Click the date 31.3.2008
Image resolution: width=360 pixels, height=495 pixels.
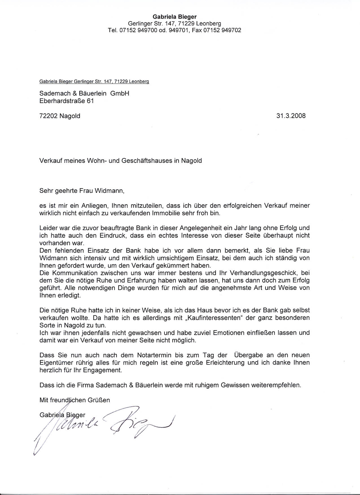[291, 115]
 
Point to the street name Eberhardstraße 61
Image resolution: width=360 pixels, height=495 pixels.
[66, 101]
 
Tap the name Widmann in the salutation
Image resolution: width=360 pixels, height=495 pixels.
[111, 190]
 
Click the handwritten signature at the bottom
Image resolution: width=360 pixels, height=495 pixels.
[106, 426]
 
